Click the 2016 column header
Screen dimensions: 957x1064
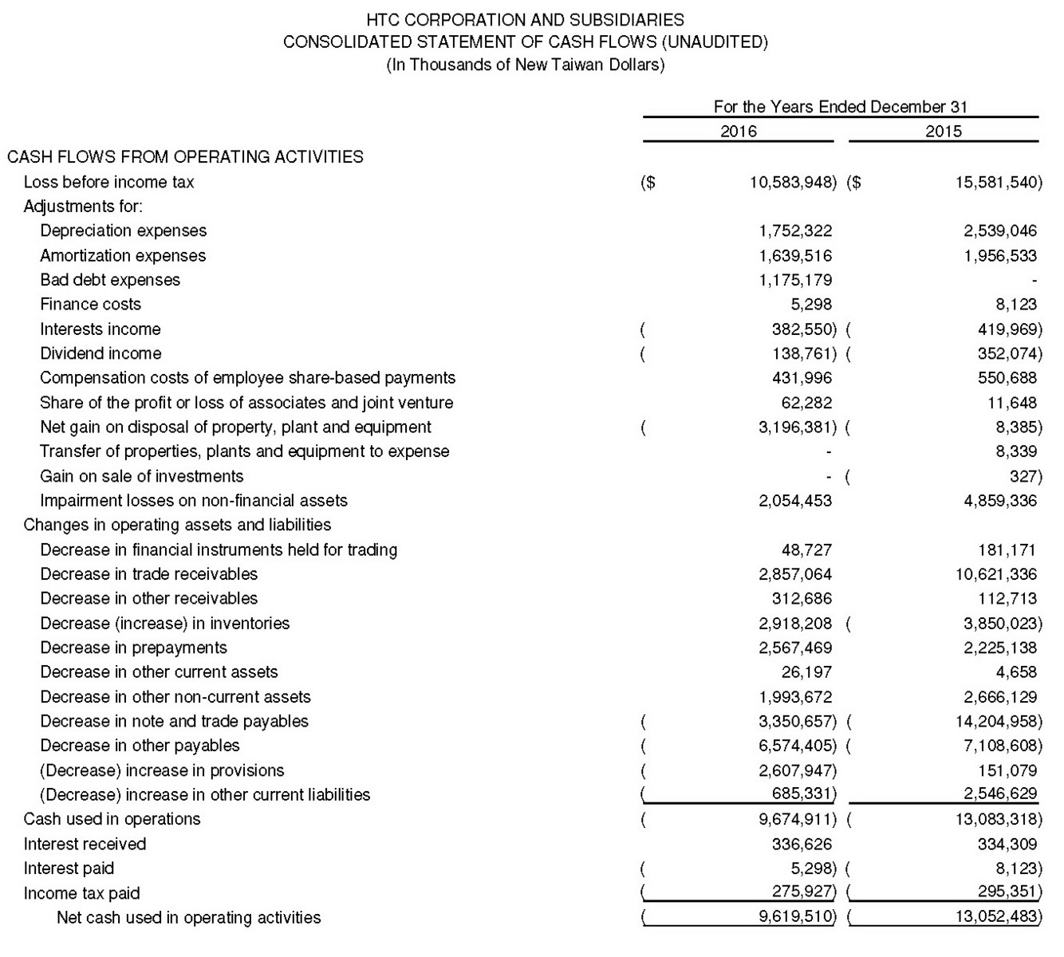pyautogui.click(x=738, y=131)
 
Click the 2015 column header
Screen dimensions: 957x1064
pyautogui.click(x=944, y=131)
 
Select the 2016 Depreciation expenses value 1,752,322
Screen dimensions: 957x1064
pyautogui.click(x=794, y=231)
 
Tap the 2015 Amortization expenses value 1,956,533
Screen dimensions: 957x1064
pyautogui.click(x=1000, y=256)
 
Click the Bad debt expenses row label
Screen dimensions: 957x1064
pyautogui.click(x=110, y=280)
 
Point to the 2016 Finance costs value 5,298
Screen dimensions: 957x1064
pyautogui.click(x=811, y=305)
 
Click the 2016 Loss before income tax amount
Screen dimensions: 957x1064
pyautogui.click(x=793, y=183)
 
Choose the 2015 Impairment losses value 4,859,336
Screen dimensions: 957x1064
pyautogui.click(x=1000, y=501)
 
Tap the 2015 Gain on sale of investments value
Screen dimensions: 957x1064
pyautogui.click(x=1025, y=477)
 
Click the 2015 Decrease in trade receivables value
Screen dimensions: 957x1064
pyautogui.click(x=996, y=574)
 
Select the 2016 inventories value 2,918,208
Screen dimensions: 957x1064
pyautogui.click(x=794, y=624)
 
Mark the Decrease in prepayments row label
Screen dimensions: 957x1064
pyautogui.click(x=133, y=648)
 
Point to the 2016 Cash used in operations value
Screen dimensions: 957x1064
pyautogui.click(x=796, y=819)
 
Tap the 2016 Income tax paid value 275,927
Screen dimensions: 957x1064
pyautogui.click(x=803, y=892)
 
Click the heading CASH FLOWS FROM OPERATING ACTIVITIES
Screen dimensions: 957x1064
pyautogui.click(x=185, y=157)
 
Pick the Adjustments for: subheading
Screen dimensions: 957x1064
pyautogui.click(x=83, y=207)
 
